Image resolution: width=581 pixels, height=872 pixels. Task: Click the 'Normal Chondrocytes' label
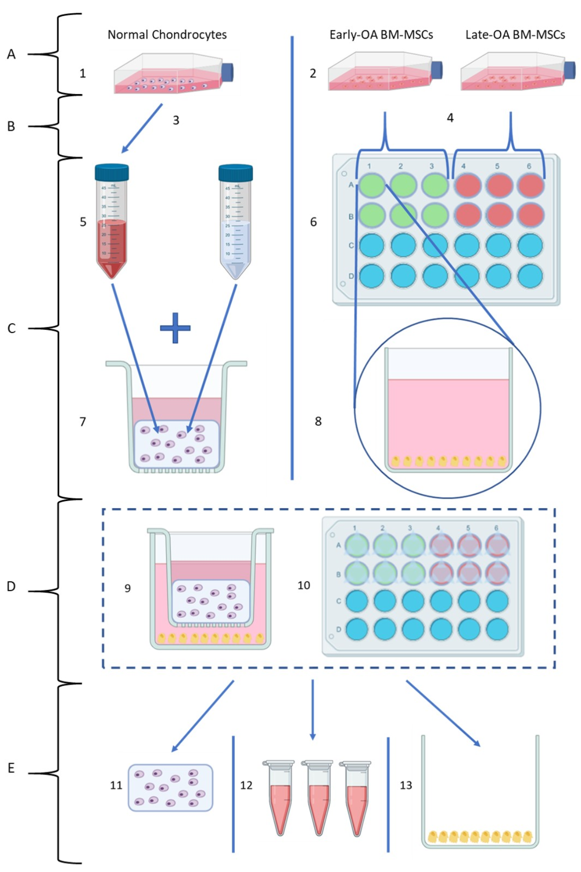coord(167,35)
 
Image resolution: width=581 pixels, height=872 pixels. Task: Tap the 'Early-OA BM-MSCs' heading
coord(381,35)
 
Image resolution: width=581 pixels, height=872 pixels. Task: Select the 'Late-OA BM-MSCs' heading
coord(515,35)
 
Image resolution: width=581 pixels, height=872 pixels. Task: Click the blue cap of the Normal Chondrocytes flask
coord(228,72)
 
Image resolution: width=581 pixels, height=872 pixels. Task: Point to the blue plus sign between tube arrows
coord(175,328)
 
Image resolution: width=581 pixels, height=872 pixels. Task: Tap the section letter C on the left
coord(11,328)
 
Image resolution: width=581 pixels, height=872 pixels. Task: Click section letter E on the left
coord(11,768)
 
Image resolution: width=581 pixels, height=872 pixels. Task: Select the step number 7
coord(83,422)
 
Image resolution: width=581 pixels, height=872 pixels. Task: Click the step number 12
coord(246,785)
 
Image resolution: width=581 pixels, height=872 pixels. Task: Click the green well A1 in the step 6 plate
coord(372,185)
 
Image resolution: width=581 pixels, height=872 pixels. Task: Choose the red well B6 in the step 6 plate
coord(530,215)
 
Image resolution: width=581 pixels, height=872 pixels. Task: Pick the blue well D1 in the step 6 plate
coord(372,276)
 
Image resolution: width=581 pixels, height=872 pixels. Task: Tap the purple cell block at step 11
coord(170,788)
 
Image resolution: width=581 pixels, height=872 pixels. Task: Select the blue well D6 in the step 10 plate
coord(497,629)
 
